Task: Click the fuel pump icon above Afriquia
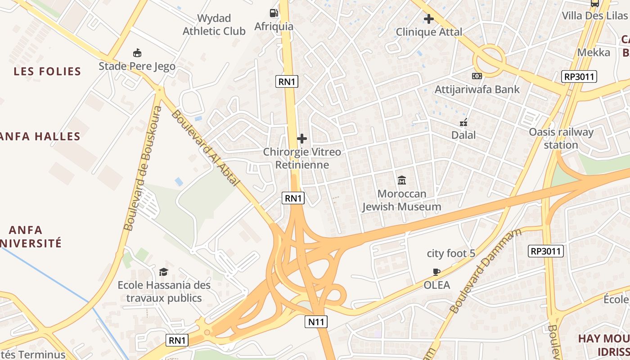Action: coord(274,13)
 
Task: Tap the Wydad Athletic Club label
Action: coord(214,25)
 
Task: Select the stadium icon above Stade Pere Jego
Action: coord(137,53)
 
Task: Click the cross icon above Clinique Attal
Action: coord(429,19)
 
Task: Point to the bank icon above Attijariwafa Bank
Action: coord(477,76)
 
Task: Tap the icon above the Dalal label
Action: coord(464,122)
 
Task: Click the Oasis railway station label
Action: coord(561,138)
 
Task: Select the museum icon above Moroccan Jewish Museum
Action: coord(402,180)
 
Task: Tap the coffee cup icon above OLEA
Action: coord(436,271)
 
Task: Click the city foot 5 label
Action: coord(451,253)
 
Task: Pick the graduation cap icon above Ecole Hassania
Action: coord(163,272)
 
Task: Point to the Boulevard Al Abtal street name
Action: coord(205,148)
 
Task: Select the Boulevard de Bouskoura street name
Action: coord(144,169)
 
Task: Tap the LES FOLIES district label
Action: coord(47,71)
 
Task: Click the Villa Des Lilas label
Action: coord(594,16)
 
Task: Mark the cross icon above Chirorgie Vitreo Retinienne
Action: coord(302,139)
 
